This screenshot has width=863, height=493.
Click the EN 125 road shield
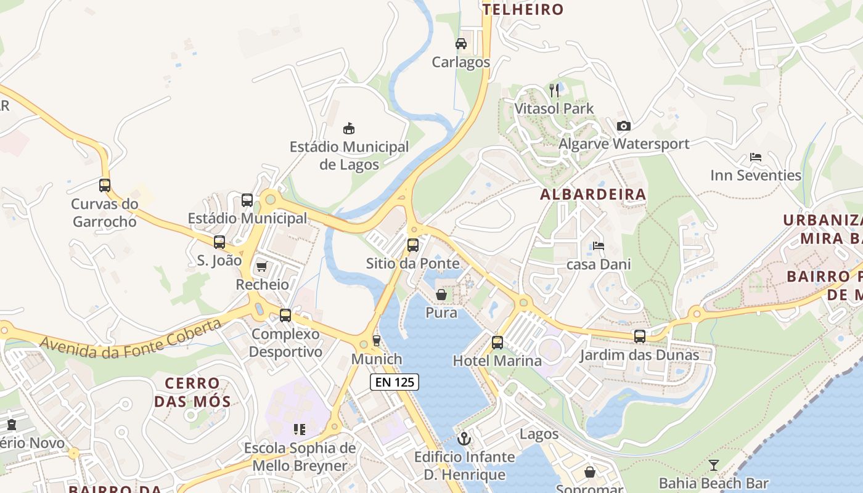click(395, 382)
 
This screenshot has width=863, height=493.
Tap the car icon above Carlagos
click(460, 44)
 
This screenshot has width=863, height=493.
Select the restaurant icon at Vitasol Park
click(554, 91)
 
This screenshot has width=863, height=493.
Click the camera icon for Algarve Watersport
click(624, 126)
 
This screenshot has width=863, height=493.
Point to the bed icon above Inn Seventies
click(756, 157)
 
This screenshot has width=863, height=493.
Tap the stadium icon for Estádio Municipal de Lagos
click(349, 129)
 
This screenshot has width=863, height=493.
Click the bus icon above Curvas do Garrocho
click(105, 185)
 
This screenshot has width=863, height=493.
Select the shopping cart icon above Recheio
click(262, 266)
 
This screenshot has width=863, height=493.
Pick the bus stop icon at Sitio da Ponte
click(413, 245)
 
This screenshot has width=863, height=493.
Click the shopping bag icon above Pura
click(441, 295)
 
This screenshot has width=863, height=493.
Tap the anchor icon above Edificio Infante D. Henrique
click(464, 439)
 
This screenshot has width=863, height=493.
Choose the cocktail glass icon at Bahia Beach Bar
click(714, 465)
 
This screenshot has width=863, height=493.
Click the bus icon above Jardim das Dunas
click(640, 336)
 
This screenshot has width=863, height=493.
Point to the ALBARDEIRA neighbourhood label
click(593, 195)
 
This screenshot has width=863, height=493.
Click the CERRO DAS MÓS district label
click(192, 393)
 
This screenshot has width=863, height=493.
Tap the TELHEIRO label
click(523, 9)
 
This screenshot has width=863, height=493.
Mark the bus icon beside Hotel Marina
click(497, 343)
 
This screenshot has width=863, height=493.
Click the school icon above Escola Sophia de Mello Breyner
click(300, 430)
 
